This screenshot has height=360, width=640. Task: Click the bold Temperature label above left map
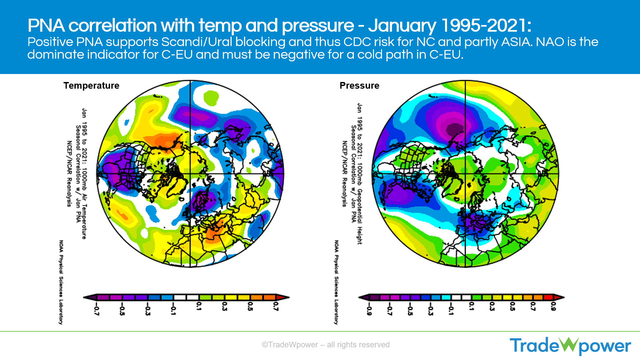[x=91, y=86]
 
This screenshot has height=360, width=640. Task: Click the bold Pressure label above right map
[x=359, y=86]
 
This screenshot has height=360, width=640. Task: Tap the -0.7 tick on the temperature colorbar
[x=96, y=308]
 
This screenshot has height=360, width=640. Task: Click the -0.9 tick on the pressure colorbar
[x=369, y=308]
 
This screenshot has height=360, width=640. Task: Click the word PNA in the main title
[x=46, y=26]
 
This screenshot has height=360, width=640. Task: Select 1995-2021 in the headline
[x=484, y=26]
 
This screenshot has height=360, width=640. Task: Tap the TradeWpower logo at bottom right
[x=570, y=346]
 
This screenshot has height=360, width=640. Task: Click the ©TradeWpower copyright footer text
[x=325, y=345]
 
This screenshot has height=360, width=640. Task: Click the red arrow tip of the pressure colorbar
[x=560, y=297]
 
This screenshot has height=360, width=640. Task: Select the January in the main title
[x=402, y=26]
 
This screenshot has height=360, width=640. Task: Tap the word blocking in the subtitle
[x=260, y=42]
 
